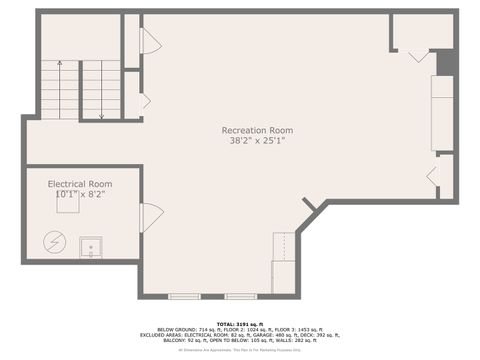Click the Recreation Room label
pyautogui.click(x=257, y=130)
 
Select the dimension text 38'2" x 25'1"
pyautogui.click(x=257, y=141)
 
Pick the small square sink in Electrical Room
pyautogui.click(x=91, y=246)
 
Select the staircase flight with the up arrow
pyautogui.click(x=59, y=89)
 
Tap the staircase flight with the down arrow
pyautogui.click(x=101, y=89)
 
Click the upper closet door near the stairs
pyautogui.click(x=150, y=41)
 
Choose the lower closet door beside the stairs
pyautogui.click(x=146, y=100)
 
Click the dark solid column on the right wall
pyautogui.click(x=447, y=62)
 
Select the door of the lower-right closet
pyautogui.click(x=433, y=176)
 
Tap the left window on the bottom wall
pyautogui.click(x=184, y=296)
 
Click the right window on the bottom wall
pyautogui.click(x=240, y=296)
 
